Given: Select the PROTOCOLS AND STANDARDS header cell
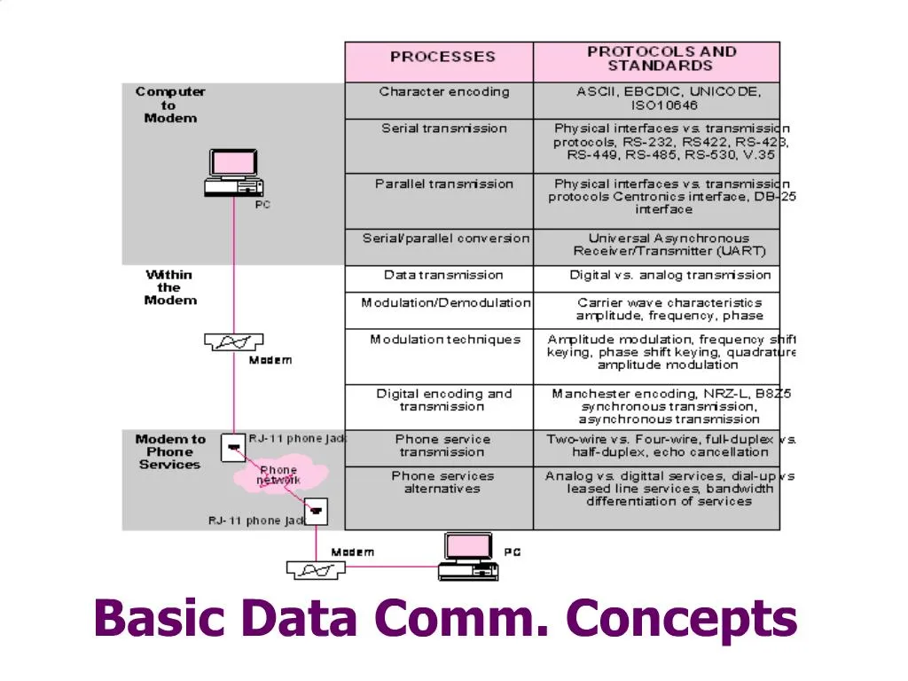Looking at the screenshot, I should tap(661, 59).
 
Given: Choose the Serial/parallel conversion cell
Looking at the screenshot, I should tap(445, 239).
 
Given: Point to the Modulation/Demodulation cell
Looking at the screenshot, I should tap(445, 303).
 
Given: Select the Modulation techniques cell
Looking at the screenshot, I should tap(445, 340).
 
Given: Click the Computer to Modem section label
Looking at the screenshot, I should tap(170, 105).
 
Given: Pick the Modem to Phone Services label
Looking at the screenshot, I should tap(169, 451).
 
